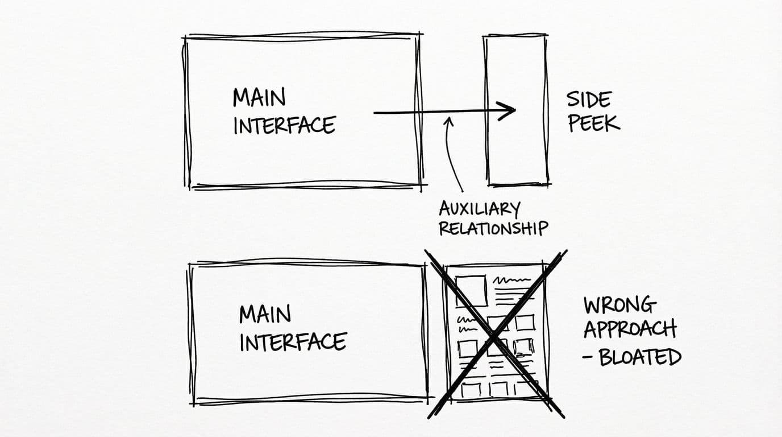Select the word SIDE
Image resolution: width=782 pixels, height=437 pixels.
coord(588,100)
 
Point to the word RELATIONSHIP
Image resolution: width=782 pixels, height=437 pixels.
coord(493,228)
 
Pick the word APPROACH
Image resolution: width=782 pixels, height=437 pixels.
coord(630,329)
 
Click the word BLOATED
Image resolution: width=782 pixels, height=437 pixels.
coord(640,357)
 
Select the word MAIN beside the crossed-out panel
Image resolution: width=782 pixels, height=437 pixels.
coord(265,314)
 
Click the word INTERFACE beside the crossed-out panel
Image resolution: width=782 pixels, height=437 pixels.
coord(293,343)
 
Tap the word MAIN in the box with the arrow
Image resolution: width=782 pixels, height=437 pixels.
coord(259,97)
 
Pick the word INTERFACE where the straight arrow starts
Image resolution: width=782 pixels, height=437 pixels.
coord(284,125)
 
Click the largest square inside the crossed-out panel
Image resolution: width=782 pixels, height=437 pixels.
coord(471,290)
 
